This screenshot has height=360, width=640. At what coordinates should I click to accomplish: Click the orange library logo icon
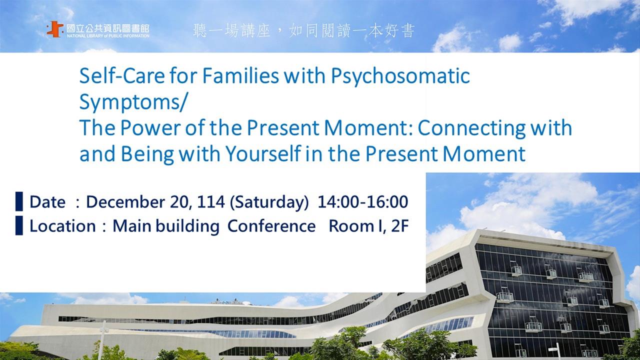click(x=55, y=29)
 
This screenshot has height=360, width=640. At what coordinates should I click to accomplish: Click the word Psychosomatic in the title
click(x=400, y=76)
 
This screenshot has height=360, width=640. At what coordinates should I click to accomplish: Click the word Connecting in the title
click(x=471, y=128)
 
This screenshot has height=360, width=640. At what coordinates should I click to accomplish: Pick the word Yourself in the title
click(x=263, y=153)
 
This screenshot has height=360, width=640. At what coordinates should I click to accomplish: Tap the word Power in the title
click(x=150, y=127)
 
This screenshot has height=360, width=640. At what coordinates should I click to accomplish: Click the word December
click(x=125, y=201)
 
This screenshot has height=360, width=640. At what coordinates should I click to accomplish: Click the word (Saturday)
click(x=269, y=202)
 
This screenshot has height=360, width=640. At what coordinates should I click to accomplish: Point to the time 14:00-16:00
click(x=363, y=201)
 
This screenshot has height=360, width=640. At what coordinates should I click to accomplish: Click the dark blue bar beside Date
click(x=19, y=201)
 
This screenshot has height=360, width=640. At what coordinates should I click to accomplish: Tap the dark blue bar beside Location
click(x=19, y=225)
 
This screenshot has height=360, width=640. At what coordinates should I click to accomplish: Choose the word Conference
click(x=271, y=226)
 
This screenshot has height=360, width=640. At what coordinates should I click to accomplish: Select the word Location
click(x=62, y=226)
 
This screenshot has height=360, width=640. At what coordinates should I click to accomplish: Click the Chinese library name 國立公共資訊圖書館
click(x=108, y=28)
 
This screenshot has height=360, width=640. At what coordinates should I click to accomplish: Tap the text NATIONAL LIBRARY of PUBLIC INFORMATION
click(x=108, y=36)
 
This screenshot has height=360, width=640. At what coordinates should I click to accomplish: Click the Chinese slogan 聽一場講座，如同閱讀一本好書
click(x=303, y=31)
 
